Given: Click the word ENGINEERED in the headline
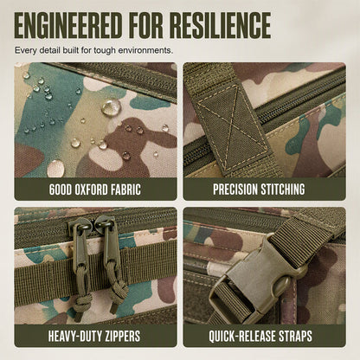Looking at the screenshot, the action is [x=68, y=25].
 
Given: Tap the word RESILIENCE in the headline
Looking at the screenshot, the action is [x=220, y=25].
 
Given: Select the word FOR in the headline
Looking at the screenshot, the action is [x=145, y=25].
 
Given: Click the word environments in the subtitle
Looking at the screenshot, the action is [x=145, y=50].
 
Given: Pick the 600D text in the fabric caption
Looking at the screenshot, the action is [x=61, y=190].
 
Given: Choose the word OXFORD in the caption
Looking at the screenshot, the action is [x=91, y=190].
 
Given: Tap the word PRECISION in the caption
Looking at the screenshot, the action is [x=235, y=190].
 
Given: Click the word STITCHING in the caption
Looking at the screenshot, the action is [x=283, y=190].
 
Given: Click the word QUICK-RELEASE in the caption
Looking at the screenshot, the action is [x=242, y=336].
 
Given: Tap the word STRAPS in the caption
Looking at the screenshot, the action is [x=296, y=336].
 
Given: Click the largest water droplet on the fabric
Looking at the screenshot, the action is [x=111, y=106].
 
